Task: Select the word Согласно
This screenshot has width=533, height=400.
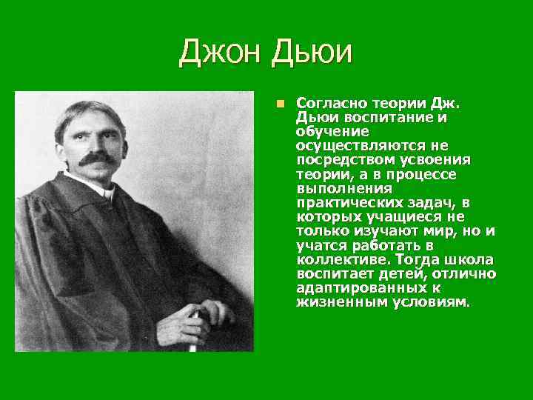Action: click(x=327, y=103)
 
